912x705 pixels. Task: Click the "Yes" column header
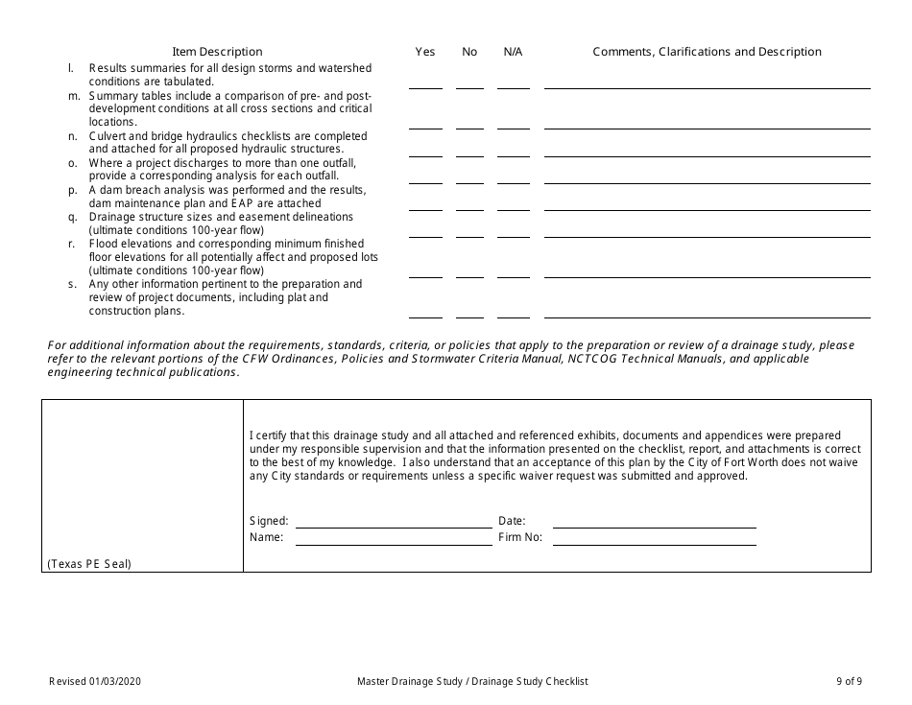pos(425,52)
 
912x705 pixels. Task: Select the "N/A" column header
pos(513,52)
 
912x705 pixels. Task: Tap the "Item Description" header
pos(217,52)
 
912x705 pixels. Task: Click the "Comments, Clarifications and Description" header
pos(707,52)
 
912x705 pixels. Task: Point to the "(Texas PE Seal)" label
pos(88,564)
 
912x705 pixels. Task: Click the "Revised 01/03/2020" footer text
pos(100,681)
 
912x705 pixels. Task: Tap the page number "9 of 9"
pos(849,681)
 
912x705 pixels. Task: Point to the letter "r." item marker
pos(72,244)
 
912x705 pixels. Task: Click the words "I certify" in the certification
pos(266,435)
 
